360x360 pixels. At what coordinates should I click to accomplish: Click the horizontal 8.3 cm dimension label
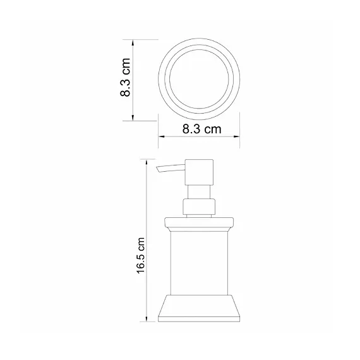point(200,130)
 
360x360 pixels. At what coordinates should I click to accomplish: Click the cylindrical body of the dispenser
point(199,262)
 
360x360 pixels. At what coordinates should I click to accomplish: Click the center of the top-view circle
point(200,80)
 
